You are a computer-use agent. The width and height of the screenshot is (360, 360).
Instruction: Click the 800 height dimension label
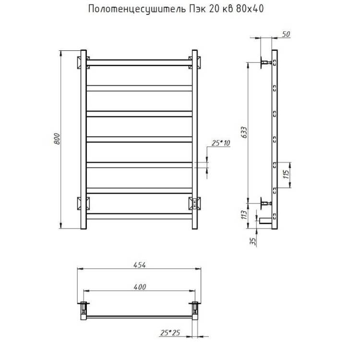(57, 139)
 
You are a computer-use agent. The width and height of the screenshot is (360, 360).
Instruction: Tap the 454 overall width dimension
(140, 265)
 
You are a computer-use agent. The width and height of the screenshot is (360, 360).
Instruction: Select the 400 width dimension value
(140, 287)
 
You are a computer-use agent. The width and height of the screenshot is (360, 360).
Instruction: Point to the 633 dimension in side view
(244, 132)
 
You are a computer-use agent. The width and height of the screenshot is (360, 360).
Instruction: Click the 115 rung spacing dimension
(286, 175)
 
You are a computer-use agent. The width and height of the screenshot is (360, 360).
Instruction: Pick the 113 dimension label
(244, 215)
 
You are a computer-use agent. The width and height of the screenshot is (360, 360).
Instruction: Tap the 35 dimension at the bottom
(252, 241)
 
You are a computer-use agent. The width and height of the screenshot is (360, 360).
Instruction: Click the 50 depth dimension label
(286, 34)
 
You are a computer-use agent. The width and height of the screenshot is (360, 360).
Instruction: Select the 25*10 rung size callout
(221, 143)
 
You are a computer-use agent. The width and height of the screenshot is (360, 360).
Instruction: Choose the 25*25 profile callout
(170, 333)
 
